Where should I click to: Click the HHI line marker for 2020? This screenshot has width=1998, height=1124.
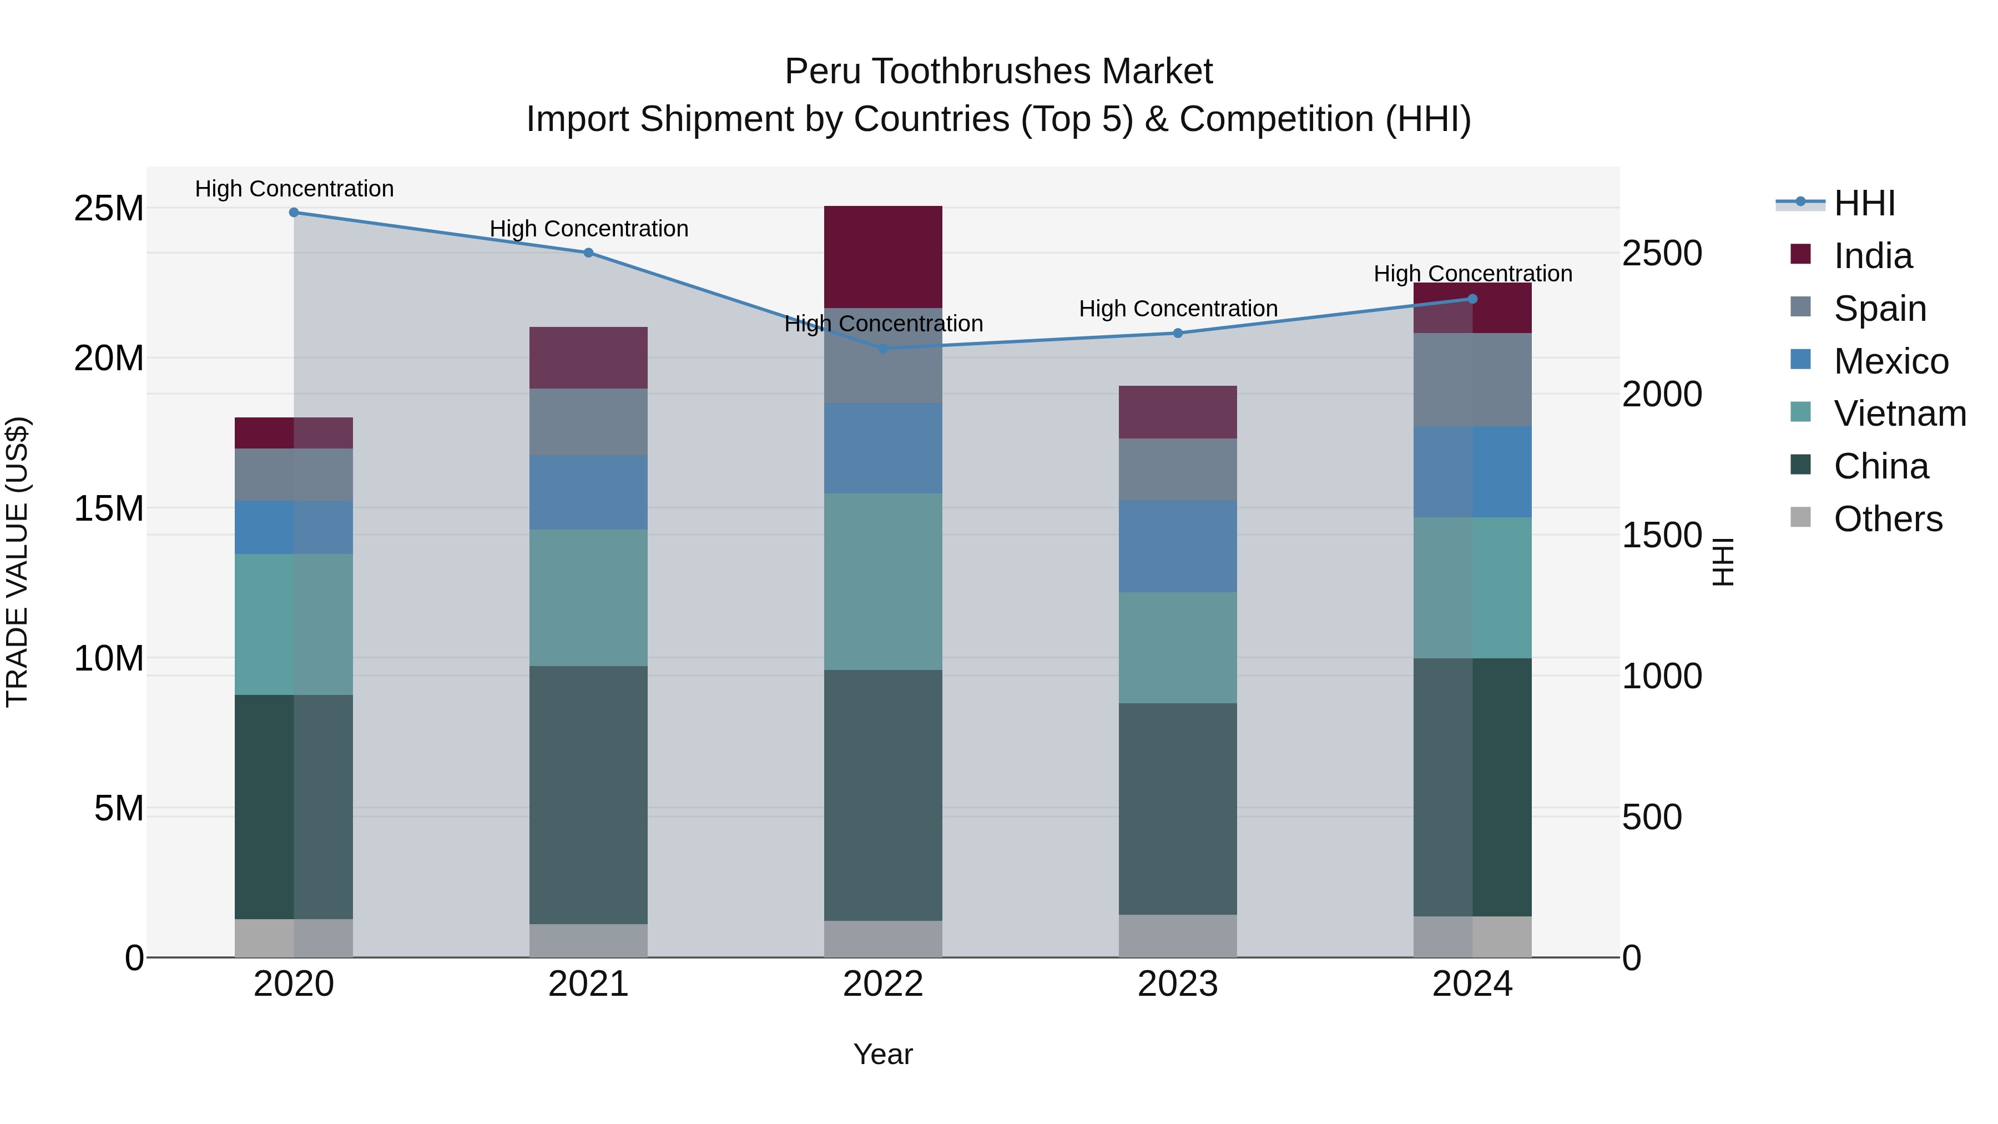point(294,213)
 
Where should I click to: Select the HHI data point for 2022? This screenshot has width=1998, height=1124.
point(882,348)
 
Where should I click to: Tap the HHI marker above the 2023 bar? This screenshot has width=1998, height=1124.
point(1177,334)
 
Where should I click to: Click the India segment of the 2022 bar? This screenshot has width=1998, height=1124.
point(882,257)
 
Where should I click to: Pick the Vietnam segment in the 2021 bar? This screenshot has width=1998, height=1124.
point(588,597)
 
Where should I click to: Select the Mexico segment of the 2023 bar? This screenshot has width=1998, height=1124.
point(1177,546)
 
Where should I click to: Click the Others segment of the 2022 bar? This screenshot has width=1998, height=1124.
point(882,939)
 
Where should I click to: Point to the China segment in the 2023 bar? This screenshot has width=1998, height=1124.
point(1177,808)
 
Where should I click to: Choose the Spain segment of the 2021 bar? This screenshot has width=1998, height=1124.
point(588,421)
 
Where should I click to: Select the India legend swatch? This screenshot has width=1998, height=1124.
point(1800,254)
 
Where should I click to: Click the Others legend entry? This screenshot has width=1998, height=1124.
point(1887,519)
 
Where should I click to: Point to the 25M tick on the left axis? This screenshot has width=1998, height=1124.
point(109,209)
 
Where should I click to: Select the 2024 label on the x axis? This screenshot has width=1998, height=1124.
point(1471,984)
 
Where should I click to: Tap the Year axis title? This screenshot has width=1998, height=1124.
point(882,1054)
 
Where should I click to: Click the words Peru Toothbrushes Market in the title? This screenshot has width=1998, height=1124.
point(998,72)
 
